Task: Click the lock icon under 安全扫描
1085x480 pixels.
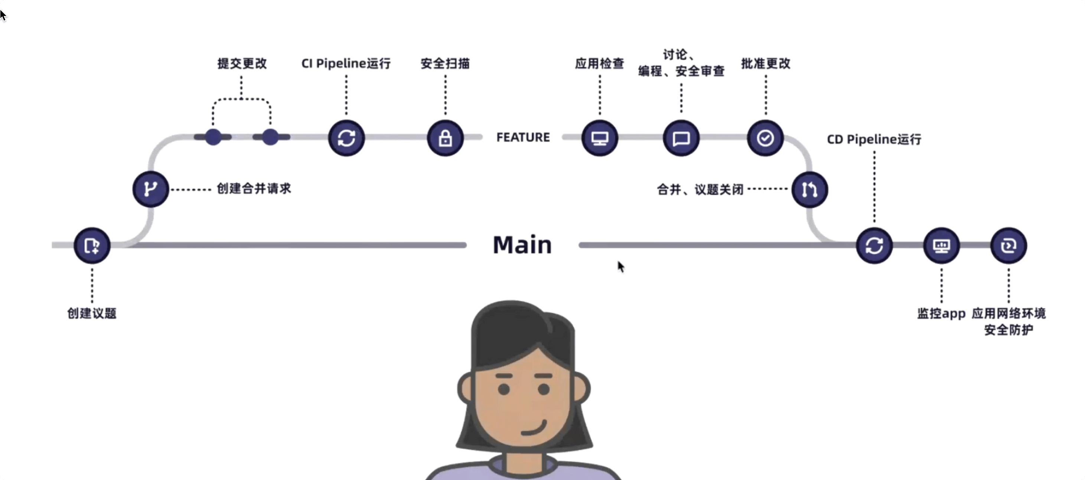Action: (x=445, y=138)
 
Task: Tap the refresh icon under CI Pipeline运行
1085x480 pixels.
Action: (x=346, y=138)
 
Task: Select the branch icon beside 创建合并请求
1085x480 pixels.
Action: (x=150, y=189)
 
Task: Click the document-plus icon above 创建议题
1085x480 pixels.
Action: (x=92, y=245)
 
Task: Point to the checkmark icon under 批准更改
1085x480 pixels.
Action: (x=765, y=138)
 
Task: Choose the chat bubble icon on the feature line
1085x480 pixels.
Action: (x=681, y=138)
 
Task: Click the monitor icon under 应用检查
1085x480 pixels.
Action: (x=600, y=138)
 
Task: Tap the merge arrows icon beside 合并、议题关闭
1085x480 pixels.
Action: (x=809, y=189)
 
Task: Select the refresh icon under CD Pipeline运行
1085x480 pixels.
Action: (x=874, y=246)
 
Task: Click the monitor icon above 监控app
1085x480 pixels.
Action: (x=941, y=246)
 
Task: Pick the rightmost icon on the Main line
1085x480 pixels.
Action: (x=1009, y=246)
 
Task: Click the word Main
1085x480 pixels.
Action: (x=522, y=245)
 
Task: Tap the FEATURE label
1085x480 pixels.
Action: (x=523, y=137)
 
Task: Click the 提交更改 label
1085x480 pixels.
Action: (x=242, y=64)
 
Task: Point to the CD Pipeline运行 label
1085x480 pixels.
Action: (x=874, y=139)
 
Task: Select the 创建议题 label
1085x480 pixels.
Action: (x=92, y=314)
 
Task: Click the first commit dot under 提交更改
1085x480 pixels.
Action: (x=213, y=137)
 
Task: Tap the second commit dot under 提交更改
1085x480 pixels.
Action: (x=270, y=137)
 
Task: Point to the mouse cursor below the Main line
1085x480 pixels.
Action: (x=620, y=266)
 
